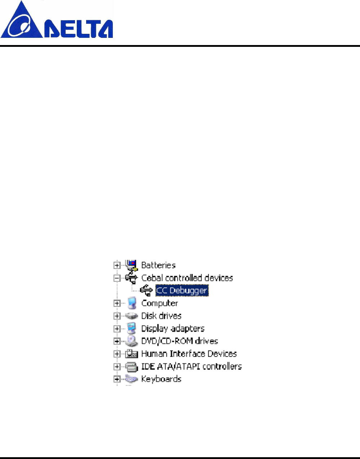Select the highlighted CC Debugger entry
(182, 290)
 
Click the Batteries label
(158, 265)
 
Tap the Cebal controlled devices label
(187, 278)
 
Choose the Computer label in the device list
(160, 303)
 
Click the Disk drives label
(161, 316)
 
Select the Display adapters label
(173, 329)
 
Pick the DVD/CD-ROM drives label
(179, 341)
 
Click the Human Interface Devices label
(189, 353)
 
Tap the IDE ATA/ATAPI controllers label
(191, 366)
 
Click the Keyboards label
(161, 379)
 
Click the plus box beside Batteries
(116, 265)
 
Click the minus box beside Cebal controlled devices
(116, 278)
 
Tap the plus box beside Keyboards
(116, 379)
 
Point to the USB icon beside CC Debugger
(146, 290)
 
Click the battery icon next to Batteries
(132, 265)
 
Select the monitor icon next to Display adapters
(132, 328)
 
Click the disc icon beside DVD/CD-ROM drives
(132, 341)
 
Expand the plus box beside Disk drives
(116, 316)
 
